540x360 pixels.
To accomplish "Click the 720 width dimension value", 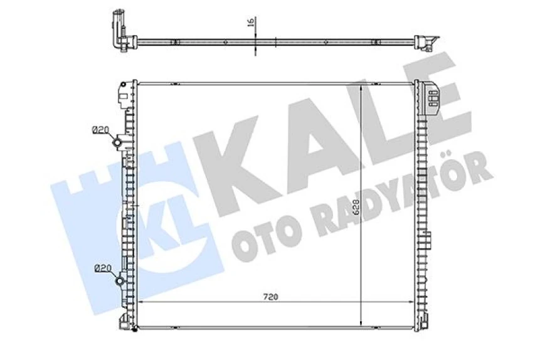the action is [270, 297].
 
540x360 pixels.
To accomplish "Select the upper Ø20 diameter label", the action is [100, 130].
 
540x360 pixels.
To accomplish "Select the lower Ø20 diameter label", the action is [102, 268].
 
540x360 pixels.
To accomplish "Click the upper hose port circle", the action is [117, 142].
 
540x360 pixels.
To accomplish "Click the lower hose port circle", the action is [120, 281].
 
